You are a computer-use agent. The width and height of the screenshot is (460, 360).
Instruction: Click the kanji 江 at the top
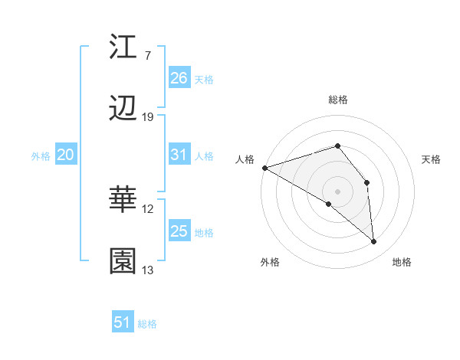coord(123,47)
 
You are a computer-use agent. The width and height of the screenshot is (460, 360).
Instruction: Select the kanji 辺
coord(123,110)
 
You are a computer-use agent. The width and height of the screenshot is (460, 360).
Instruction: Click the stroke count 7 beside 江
coord(147,55)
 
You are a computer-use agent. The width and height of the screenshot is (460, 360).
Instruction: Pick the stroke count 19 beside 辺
coord(148,116)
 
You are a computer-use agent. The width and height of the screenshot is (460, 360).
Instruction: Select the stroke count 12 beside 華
coord(148,208)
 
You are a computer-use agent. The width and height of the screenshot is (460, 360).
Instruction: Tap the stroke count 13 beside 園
coord(148,270)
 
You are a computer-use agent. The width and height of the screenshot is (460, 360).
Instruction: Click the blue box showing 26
coord(179,78)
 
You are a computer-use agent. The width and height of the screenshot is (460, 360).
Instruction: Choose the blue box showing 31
coord(179,155)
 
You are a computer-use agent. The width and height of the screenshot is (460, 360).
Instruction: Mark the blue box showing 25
coord(179,231)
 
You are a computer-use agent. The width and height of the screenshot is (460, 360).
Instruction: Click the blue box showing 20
coord(66,155)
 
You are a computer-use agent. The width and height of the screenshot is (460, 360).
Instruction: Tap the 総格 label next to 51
coord(147,324)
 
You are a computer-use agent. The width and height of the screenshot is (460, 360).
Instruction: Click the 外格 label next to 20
coord(41,156)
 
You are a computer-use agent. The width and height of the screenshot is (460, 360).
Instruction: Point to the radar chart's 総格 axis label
coord(338,100)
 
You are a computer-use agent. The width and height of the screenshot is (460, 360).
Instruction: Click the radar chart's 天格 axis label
coord(432,159)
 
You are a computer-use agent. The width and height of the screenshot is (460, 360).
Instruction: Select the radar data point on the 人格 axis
coord(264,167)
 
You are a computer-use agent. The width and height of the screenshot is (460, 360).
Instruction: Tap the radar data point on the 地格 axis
coord(374,241)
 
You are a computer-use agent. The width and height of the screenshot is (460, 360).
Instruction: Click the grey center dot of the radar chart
coord(338,191)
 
